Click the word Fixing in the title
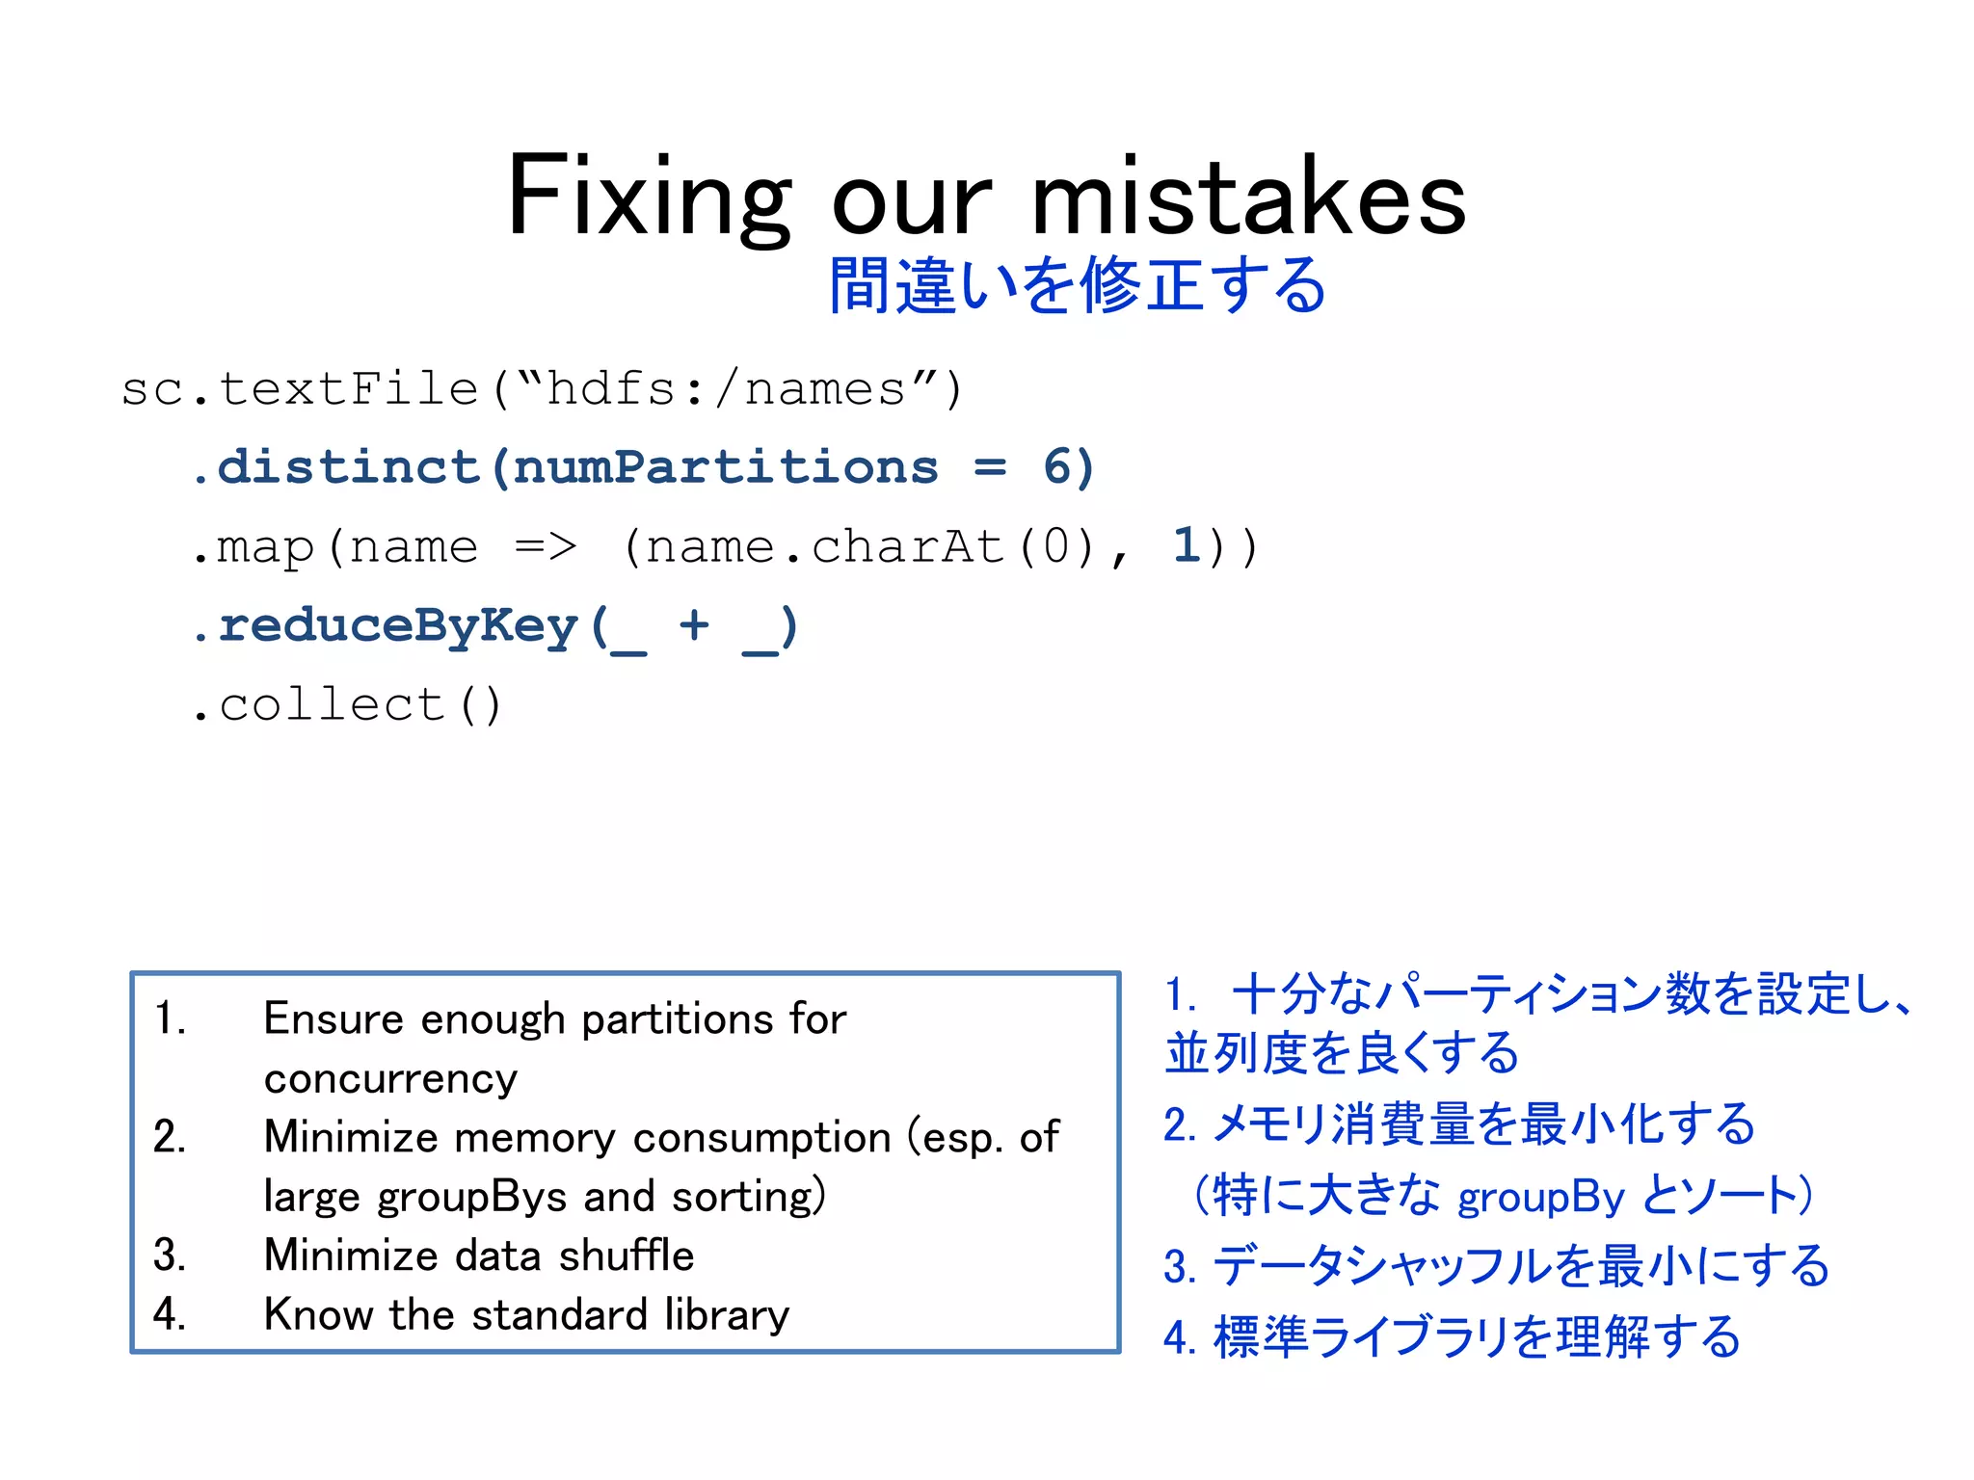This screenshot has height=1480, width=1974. (648, 198)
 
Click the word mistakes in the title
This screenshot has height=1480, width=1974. (1248, 198)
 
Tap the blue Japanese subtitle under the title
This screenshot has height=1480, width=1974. (1078, 285)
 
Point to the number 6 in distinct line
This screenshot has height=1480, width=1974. (1057, 467)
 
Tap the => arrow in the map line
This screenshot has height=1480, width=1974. (545, 546)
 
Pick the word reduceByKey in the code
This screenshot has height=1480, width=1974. (398, 625)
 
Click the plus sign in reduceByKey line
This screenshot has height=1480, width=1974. (694, 625)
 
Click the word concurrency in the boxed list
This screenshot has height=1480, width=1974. (390, 1078)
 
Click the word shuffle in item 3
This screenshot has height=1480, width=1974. (627, 1255)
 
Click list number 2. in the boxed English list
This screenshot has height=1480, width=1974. (170, 1137)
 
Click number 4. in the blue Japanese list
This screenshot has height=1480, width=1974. (1179, 1338)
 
